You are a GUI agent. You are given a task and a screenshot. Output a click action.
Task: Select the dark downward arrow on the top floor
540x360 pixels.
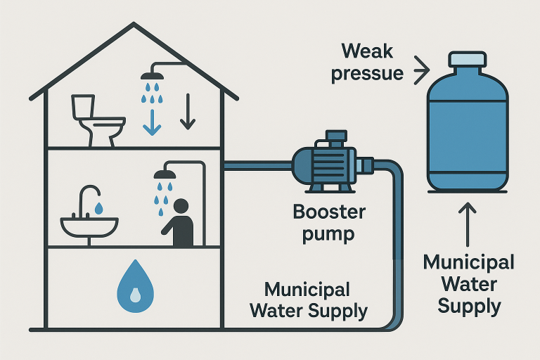(187, 112)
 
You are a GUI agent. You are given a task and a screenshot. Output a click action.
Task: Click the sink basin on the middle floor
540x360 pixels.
(89, 226)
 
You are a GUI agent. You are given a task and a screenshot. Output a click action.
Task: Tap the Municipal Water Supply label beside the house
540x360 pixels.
(316, 300)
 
